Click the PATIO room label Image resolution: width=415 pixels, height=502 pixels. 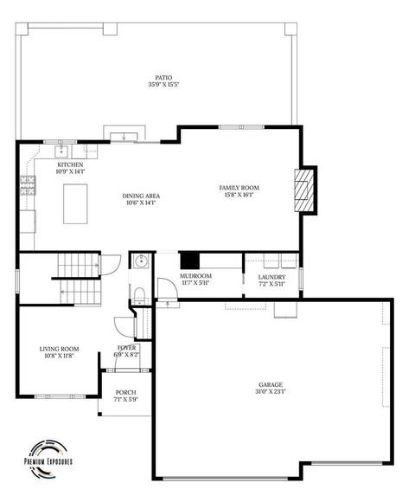pyautogui.click(x=157, y=77)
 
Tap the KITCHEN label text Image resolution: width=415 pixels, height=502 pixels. pyautogui.click(x=70, y=164)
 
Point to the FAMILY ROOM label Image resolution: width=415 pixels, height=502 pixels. pyautogui.click(x=239, y=188)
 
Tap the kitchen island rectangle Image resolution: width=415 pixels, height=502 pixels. pyautogui.click(x=76, y=205)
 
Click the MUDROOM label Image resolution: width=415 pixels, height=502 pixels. pyautogui.click(x=195, y=276)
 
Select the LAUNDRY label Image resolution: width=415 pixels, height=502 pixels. pyautogui.click(x=271, y=277)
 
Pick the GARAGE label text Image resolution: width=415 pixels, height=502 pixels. pyautogui.click(x=271, y=384)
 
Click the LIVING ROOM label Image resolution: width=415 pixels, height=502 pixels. pyautogui.click(x=59, y=349)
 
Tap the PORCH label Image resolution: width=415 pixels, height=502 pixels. pyautogui.click(x=126, y=393)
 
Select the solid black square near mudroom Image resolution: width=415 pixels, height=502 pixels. pyautogui.click(x=189, y=261)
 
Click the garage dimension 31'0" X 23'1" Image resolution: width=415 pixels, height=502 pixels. pyautogui.click(x=271, y=391)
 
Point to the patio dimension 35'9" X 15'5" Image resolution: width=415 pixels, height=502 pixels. pyautogui.click(x=157, y=85)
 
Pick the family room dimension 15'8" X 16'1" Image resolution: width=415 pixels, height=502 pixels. pyautogui.click(x=239, y=195)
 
